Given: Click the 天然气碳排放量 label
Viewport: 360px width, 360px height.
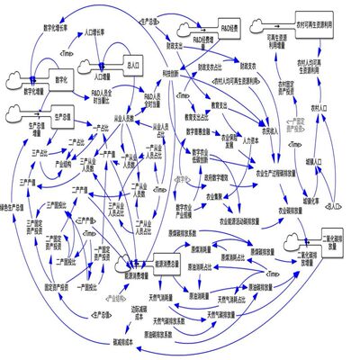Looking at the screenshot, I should (x=221, y=315).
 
